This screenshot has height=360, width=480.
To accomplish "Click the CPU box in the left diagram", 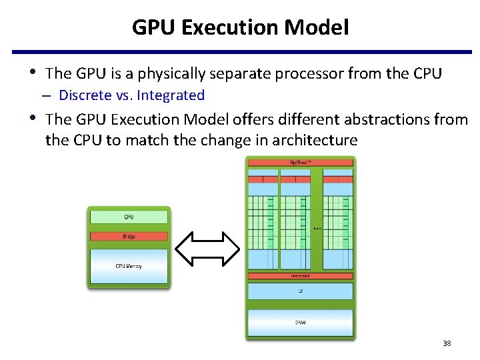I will (x=129, y=217).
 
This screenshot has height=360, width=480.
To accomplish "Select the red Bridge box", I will (x=129, y=236).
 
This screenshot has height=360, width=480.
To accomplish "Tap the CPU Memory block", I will (x=129, y=266).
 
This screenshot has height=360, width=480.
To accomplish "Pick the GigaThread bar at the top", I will (x=301, y=162).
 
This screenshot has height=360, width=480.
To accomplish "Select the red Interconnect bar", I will (x=301, y=275).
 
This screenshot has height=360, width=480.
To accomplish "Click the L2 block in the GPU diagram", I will (x=301, y=291).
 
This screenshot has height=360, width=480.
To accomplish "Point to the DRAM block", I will (x=301, y=323).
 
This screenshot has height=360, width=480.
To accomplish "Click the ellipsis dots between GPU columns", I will (x=317, y=229).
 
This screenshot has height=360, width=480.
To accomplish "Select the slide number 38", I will (x=447, y=344).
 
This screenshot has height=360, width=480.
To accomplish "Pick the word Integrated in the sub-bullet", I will (x=171, y=95).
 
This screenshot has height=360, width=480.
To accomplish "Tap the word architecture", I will (x=317, y=141).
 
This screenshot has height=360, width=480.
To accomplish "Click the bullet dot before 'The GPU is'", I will (x=34, y=72).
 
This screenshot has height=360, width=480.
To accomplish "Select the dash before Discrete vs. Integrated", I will (x=50, y=95).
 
